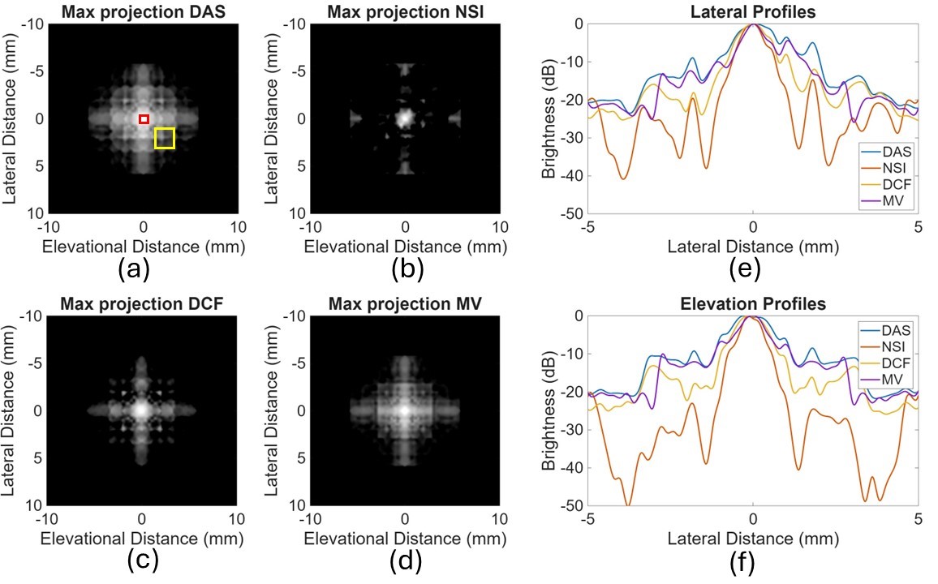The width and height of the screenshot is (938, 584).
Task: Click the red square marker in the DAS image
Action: coord(144,119)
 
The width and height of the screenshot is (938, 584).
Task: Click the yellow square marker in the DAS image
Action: coord(165,139)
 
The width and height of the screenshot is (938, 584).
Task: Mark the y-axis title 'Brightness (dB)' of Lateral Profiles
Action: coord(549,118)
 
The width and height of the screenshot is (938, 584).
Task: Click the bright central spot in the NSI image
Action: coord(404,118)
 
